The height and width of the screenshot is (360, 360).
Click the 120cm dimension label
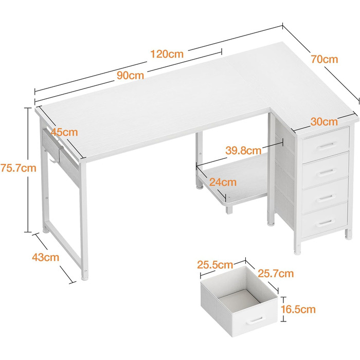tap(167, 54)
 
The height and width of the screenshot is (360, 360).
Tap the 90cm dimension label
tap(131, 75)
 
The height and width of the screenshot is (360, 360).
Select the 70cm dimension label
tap(325, 59)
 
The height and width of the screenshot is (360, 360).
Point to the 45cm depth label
tap(64, 132)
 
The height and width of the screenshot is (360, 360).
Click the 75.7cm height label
tap(19, 168)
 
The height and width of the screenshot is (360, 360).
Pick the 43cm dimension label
tap(45, 257)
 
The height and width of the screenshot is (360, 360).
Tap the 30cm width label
tap(324, 122)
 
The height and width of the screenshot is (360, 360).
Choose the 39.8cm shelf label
tap(243, 151)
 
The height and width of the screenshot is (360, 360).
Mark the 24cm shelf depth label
tap(223, 182)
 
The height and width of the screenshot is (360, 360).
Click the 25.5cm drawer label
tap(215, 265)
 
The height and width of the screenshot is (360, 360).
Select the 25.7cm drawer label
tap(276, 274)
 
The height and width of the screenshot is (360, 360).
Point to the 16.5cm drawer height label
tap(298, 309)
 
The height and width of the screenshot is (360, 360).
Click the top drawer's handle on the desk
tap(326, 146)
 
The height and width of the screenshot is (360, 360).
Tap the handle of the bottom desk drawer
tap(326, 223)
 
